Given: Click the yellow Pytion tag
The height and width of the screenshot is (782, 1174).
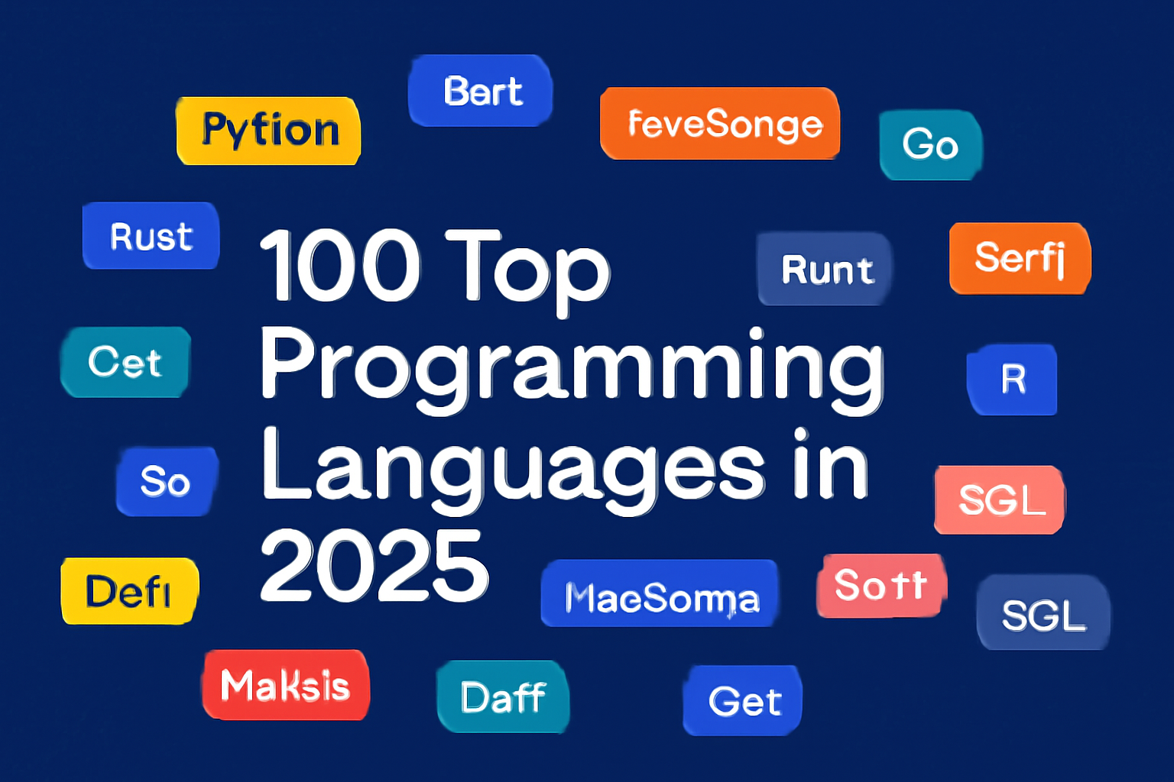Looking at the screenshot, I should tap(268, 131).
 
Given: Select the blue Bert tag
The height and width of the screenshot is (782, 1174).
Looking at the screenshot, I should tap(481, 91).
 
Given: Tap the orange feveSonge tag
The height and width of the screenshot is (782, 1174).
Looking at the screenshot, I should tap(720, 124).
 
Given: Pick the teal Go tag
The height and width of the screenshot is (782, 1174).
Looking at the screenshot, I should tap(930, 145).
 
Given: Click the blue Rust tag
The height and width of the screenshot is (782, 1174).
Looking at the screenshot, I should tap(151, 236).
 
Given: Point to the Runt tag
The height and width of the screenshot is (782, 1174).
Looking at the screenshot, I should tap(825, 269).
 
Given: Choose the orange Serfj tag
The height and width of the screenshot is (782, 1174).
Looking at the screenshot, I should tap(1020, 258).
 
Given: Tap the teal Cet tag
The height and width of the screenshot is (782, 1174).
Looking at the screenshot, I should tap(125, 362).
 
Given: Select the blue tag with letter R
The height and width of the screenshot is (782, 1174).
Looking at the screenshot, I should tap(1013, 380).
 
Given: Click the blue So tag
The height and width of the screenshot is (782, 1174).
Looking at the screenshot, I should tap(167, 481).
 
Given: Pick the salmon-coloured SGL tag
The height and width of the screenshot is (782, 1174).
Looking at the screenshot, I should tap(1000, 500).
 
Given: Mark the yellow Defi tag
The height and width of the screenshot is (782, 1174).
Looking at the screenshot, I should tap(129, 591).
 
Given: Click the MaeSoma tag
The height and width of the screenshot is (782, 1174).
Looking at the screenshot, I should tap(660, 595).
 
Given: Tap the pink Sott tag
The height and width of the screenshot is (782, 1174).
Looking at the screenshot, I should tap(881, 586).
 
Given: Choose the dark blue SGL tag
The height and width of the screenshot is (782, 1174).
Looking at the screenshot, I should tap(1043, 613).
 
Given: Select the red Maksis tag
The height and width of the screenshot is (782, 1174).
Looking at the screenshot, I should tap(286, 685).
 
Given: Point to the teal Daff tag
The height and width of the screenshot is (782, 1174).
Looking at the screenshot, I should tap(503, 696).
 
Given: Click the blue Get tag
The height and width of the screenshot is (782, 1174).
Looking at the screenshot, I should tap(743, 700).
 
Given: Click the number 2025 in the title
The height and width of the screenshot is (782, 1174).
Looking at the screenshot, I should tap(374, 566).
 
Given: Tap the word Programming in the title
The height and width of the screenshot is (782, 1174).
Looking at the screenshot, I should tap(572, 367).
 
